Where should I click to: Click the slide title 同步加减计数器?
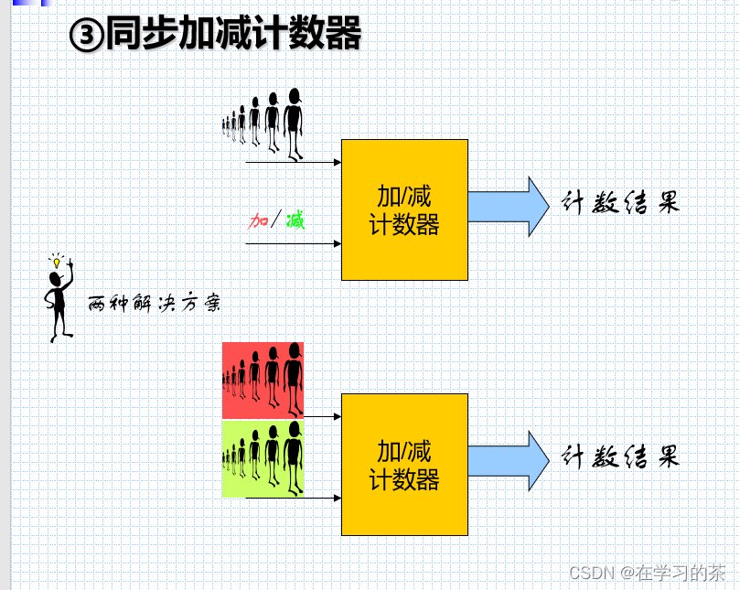point(233,34)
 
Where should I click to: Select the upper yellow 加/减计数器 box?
point(404,209)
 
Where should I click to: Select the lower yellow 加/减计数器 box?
point(404,464)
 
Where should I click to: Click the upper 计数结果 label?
point(620,203)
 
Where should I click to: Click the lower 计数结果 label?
point(620,456)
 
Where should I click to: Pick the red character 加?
point(259,220)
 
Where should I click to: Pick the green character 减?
point(295,220)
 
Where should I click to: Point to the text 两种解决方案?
point(154,303)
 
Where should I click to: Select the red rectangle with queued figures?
point(263,380)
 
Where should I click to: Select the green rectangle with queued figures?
point(263,458)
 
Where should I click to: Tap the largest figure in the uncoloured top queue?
point(293,123)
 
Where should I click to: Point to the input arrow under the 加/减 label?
point(293,243)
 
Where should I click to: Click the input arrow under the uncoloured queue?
point(293,163)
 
